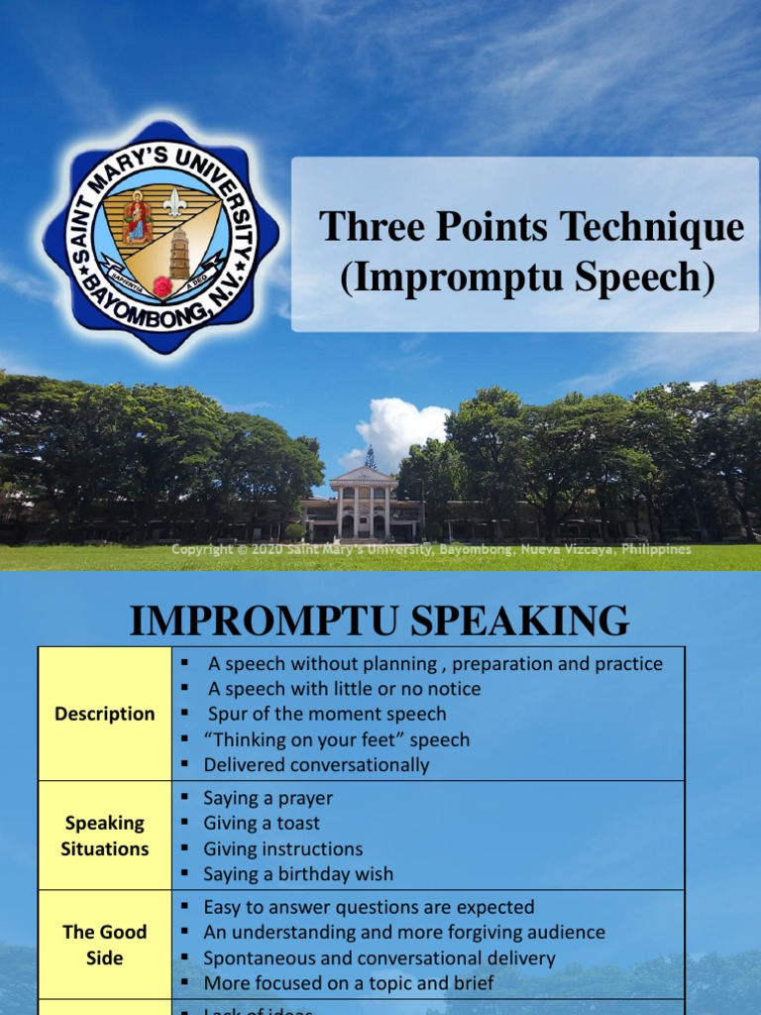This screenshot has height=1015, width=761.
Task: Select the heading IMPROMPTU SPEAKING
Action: coord(380,621)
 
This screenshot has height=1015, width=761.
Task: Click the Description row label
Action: coord(105,714)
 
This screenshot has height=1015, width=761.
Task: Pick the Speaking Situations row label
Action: coord(105,836)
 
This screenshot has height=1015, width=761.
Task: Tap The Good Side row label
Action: coord(105,945)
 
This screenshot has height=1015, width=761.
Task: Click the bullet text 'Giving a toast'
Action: coord(262,823)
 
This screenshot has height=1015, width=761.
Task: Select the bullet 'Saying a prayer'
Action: coord(268,798)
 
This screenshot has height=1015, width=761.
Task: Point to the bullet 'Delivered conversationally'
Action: coord(316,764)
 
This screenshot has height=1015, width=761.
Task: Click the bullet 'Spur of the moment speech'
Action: coord(327,714)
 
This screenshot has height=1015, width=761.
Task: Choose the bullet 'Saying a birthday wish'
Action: coord(298,873)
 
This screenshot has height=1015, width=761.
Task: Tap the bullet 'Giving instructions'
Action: coord(282,848)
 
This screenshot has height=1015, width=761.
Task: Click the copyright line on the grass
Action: coord(431,550)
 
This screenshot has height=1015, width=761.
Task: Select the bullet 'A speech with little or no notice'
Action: coord(344,688)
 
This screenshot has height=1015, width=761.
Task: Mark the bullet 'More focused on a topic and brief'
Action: coord(348,983)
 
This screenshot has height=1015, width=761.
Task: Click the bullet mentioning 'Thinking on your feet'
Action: coord(337,739)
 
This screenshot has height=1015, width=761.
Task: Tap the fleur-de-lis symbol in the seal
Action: coord(175,202)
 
